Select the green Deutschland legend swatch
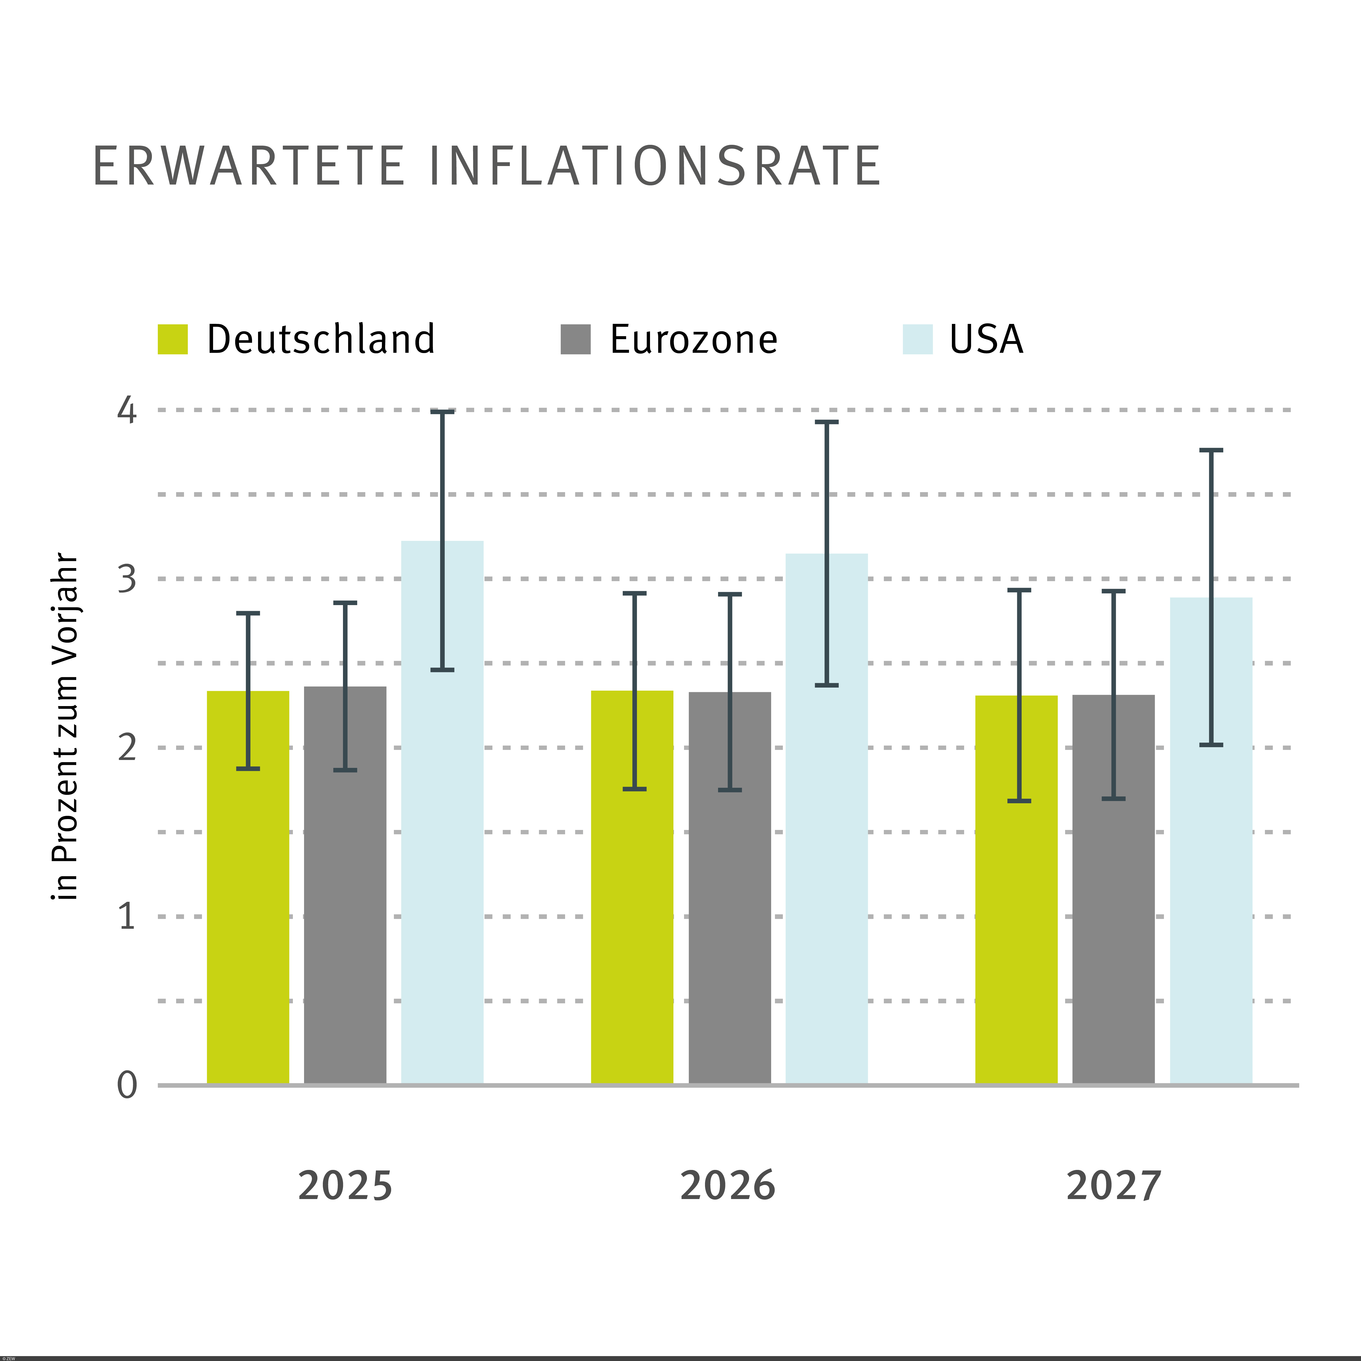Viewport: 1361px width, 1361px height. (x=173, y=339)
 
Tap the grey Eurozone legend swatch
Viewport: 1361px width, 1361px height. (x=575, y=339)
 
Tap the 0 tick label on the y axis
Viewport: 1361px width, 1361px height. (x=127, y=1085)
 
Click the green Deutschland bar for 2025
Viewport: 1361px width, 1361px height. (x=248, y=916)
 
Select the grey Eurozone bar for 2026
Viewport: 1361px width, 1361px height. (x=730, y=916)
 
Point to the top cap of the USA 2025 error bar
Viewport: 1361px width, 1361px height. (x=442, y=411)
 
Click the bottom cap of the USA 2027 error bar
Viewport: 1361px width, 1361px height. (x=1211, y=745)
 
